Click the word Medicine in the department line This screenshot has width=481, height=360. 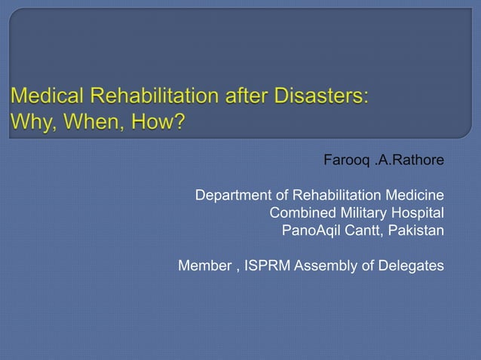pyautogui.click(x=412, y=196)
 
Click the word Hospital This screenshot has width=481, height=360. pyautogui.click(x=418, y=212)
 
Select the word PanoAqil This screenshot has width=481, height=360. pyautogui.click(x=312, y=230)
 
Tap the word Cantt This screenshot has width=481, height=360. pyautogui.click(x=365, y=230)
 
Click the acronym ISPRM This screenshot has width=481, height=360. pyautogui.click(x=268, y=265)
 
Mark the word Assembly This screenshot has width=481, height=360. pyautogui.click(x=329, y=265)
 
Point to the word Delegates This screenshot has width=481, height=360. pyautogui.click(x=411, y=265)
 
